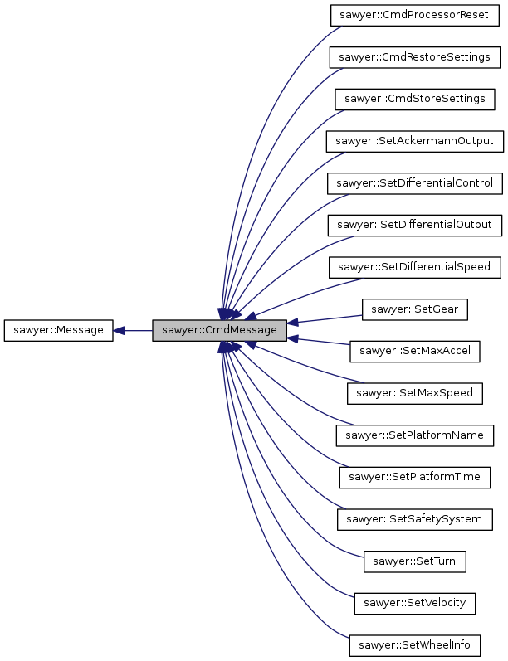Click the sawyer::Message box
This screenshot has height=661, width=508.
pos(58,330)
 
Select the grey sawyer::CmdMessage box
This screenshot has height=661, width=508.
pos(220,330)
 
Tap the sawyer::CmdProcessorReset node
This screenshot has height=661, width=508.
pos(414,15)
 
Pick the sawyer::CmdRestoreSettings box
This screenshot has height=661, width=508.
pos(414,57)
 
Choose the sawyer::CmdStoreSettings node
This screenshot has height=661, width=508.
pos(414,99)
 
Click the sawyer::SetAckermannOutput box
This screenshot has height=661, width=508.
pos(414,141)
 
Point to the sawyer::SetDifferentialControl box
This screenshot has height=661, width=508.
pos(414,183)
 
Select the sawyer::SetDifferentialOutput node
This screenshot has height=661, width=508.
pos(414,225)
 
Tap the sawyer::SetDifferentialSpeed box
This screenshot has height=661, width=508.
pos(414,267)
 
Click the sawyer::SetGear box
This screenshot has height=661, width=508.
pos(414,309)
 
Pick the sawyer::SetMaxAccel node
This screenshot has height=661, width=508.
pos(414,351)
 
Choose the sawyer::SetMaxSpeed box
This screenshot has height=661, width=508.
pos(414,393)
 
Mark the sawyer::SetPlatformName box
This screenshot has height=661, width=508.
pos(414,435)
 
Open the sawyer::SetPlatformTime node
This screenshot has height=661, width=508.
pos(414,477)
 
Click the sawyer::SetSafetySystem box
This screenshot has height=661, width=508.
pos(414,519)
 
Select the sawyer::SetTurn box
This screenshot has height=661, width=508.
pos(414,561)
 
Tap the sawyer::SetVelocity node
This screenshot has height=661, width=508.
pos(414,603)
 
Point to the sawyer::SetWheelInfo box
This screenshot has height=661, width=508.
pos(414,645)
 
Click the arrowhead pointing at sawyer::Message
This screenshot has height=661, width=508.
pos(120,330)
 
